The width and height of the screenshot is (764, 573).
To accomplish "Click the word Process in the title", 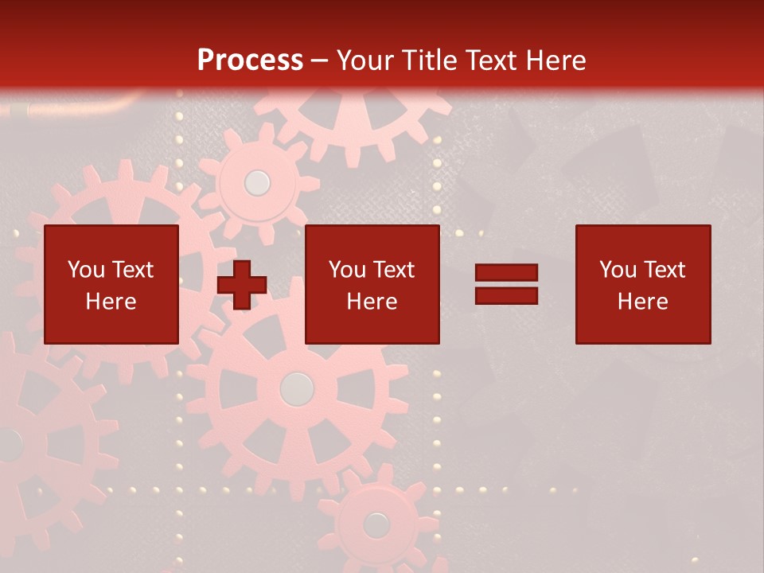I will click(x=250, y=60).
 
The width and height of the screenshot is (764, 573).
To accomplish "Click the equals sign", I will click(x=506, y=284).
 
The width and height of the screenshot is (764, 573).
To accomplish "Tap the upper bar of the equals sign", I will click(x=506, y=273).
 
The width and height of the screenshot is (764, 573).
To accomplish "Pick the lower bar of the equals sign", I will click(x=506, y=295).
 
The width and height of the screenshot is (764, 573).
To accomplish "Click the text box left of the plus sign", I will click(x=111, y=284).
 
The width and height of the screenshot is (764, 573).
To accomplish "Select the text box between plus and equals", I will click(x=372, y=284).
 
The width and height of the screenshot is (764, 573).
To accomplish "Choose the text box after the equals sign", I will click(x=643, y=284).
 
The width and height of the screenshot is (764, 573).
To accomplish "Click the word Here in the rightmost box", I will click(x=643, y=302).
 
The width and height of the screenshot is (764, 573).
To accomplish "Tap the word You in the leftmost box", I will click(x=84, y=270).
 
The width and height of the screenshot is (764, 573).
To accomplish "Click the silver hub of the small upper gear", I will click(x=257, y=183).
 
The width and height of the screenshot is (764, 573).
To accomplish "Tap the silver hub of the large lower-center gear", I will click(x=297, y=388).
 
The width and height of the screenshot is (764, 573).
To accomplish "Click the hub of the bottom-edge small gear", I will click(x=376, y=524).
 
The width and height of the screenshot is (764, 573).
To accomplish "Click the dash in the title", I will click(x=320, y=60).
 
